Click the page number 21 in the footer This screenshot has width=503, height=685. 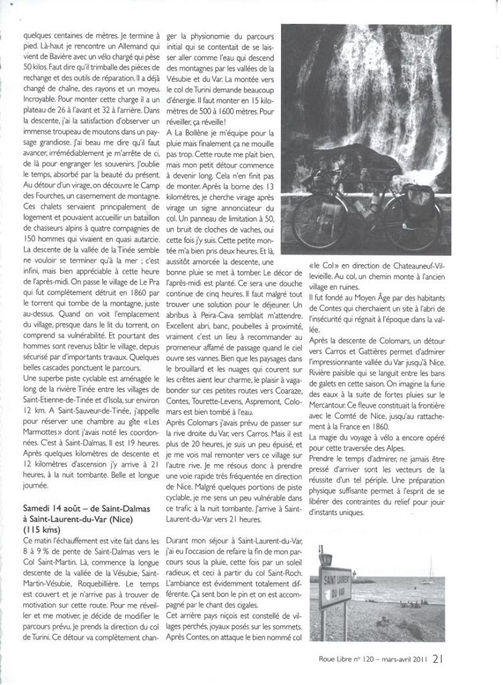coord(437,658)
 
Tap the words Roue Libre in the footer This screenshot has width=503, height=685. coord(337,659)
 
